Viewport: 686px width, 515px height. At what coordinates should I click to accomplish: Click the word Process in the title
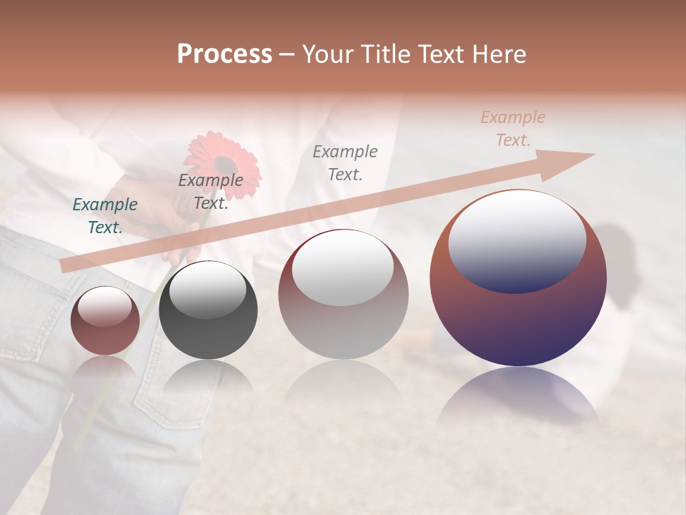click(224, 54)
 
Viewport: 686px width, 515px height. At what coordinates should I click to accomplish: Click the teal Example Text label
click(105, 216)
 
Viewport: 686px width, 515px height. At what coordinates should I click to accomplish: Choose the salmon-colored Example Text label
click(512, 129)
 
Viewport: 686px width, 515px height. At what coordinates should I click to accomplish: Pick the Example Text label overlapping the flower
click(210, 192)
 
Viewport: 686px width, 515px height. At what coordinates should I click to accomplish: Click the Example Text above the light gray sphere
click(345, 162)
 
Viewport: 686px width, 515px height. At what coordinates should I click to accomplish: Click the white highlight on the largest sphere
click(517, 240)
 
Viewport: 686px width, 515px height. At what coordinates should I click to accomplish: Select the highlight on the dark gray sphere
click(207, 290)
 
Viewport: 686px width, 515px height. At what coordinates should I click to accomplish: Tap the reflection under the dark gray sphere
click(208, 379)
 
